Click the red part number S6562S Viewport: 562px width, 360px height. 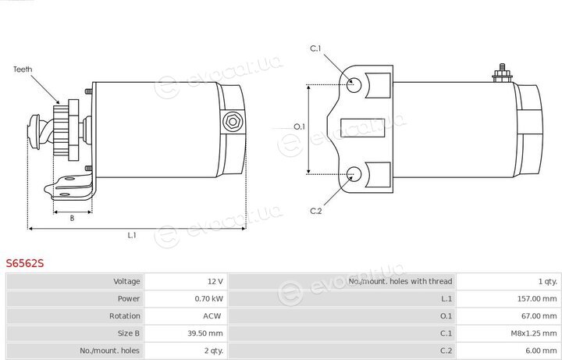(x=25, y=263)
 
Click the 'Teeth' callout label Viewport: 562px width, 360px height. (x=23, y=70)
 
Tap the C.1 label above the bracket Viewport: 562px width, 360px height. (x=315, y=48)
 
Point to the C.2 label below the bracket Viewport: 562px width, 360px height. (x=316, y=211)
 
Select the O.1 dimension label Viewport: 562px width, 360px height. (x=299, y=127)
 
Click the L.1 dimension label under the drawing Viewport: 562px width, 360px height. (x=132, y=235)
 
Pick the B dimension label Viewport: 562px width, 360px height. (x=72, y=218)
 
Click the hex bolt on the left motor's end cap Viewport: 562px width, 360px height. (x=233, y=122)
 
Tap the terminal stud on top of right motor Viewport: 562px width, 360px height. (x=502, y=73)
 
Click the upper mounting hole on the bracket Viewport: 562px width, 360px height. (x=354, y=84)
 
